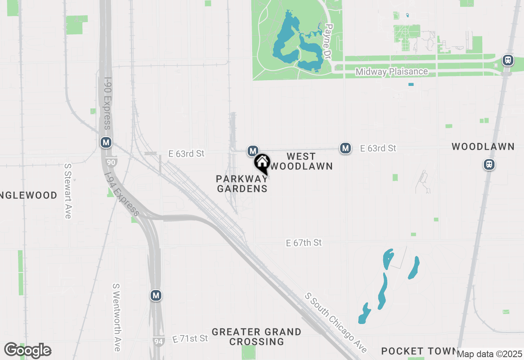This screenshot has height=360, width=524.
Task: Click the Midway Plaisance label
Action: pyautogui.click(x=391, y=72)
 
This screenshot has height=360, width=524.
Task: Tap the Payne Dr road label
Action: pyautogui.click(x=328, y=41)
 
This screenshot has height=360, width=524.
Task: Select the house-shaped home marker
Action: pyautogui.click(x=262, y=163)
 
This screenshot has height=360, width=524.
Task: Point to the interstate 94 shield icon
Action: pyautogui.click(x=158, y=340)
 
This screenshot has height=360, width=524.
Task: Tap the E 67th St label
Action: pyautogui.click(x=304, y=243)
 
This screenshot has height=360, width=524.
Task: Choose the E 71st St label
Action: pyautogui.click(x=190, y=339)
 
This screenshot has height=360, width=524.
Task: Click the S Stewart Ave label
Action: pyautogui.click(x=68, y=191)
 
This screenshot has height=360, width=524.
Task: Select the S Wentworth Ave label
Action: pyautogui.click(x=117, y=317)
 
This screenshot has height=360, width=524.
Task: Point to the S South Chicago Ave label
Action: pyautogui.click(x=336, y=323)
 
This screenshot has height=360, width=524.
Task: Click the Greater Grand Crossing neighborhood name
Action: pyautogui.click(x=257, y=337)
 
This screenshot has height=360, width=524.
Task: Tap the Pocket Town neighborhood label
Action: pyautogui.click(x=419, y=351)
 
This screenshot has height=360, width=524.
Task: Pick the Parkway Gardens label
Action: pyautogui.click(x=242, y=184)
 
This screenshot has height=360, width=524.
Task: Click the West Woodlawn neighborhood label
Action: pyautogui.click(x=302, y=161)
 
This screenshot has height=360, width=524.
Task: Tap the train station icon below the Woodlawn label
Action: pyautogui.click(x=489, y=164)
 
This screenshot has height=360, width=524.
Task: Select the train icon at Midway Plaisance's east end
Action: pyautogui.click(x=508, y=60)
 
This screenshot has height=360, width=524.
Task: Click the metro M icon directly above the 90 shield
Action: pyautogui.click(x=106, y=142)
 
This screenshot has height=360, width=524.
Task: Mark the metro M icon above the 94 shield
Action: pyautogui.click(x=156, y=295)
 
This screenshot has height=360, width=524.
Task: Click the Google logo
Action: pyautogui.click(x=27, y=351)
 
